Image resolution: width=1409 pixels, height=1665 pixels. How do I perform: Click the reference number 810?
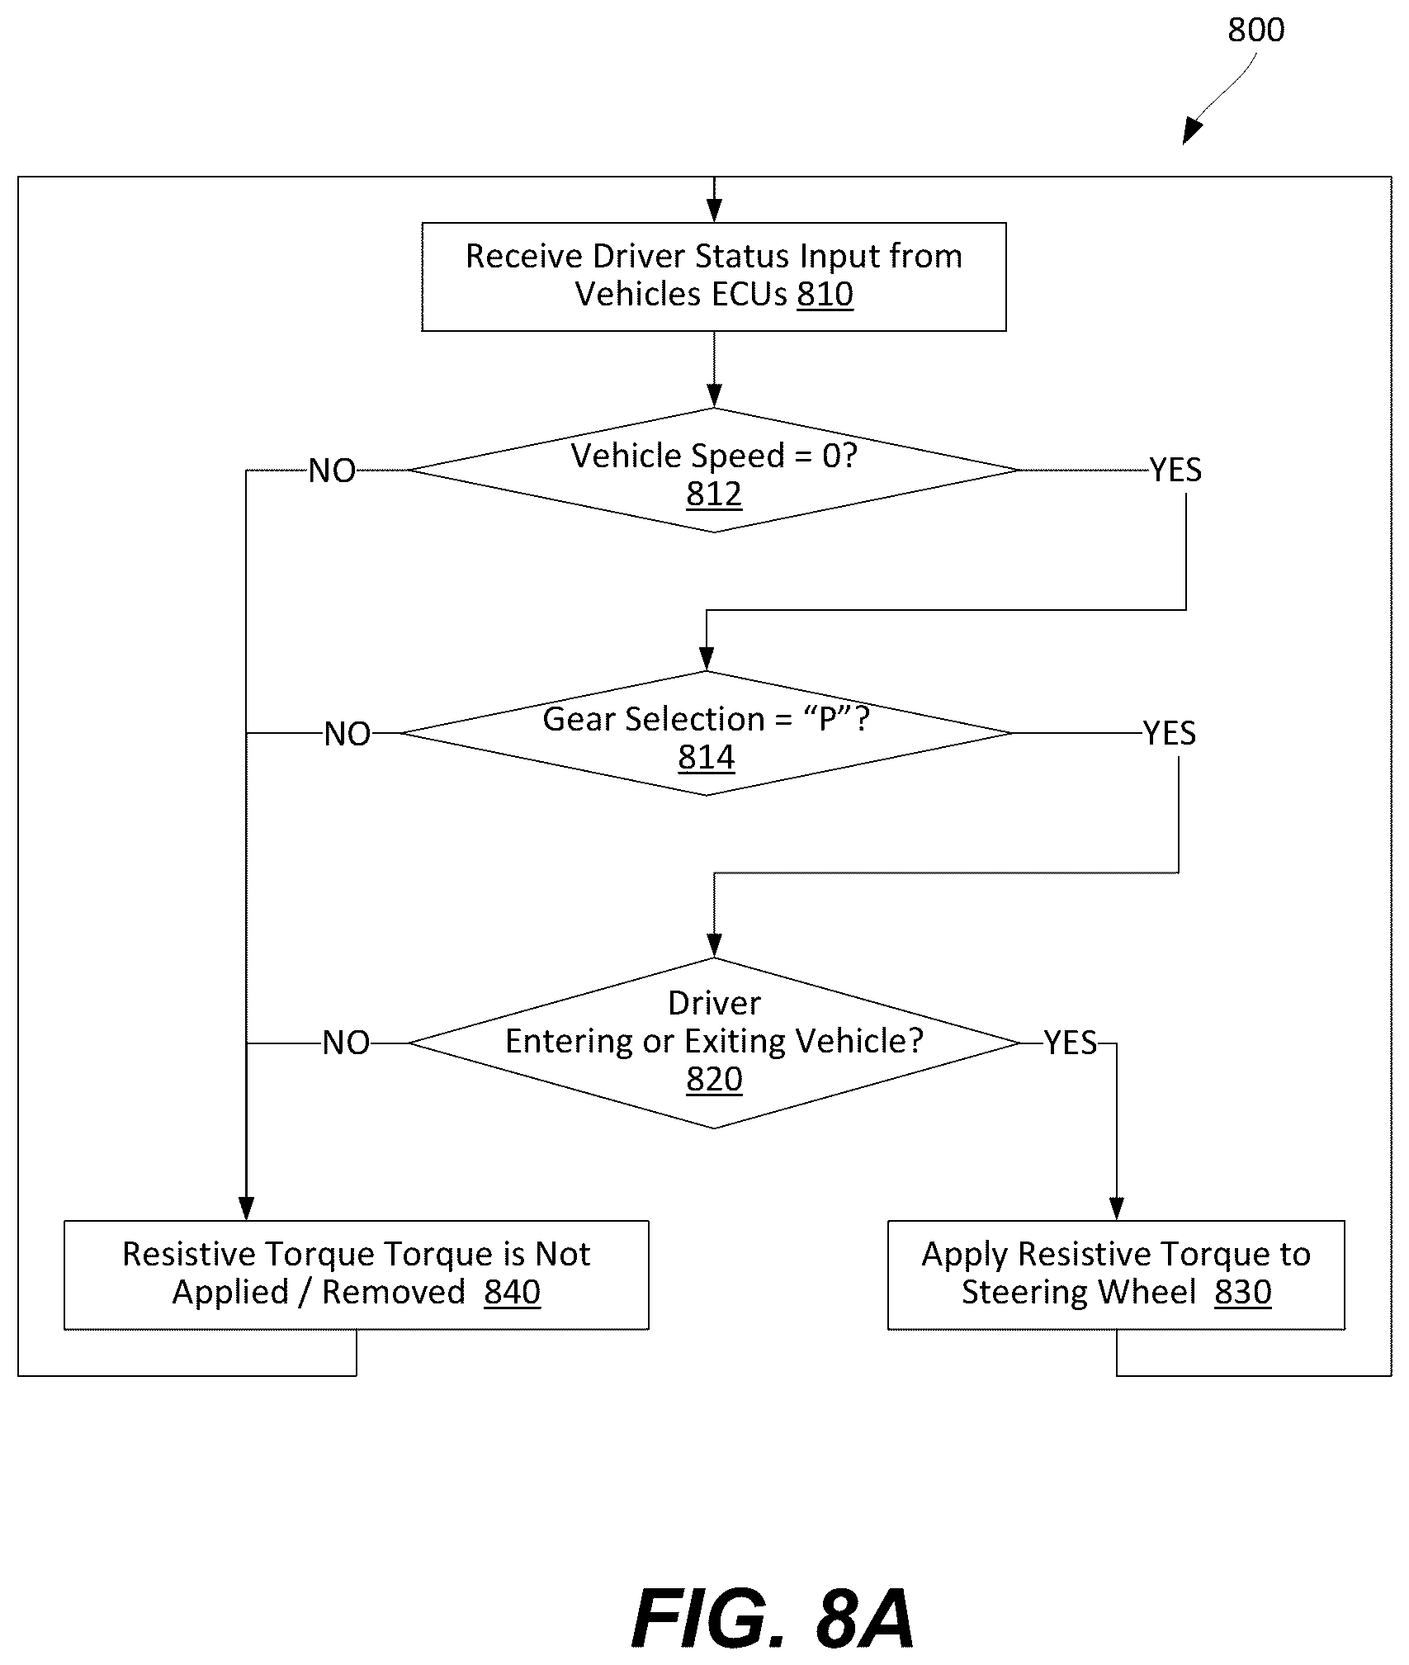pyautogui.click(x=825, y=295)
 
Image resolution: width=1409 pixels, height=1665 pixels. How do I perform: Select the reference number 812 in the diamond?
pyautogui.click(x=714, y=494)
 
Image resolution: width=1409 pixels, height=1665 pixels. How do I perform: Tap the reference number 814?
pyautogui.click(x=707, y=758)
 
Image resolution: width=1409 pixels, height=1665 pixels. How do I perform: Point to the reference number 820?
pyautogui.click(x=714, y=1080)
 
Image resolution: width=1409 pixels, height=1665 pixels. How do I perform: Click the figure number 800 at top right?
pyautogui.click(x=1255, y=31)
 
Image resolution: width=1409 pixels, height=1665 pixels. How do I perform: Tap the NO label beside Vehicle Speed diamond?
pyautogui.click(x=332, y=471)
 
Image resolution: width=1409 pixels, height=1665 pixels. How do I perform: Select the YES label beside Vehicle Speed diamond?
pyautogui.click(x=1175, y=471)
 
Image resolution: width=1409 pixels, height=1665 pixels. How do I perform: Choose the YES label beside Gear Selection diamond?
pyautogui.click(x=1169, y=734)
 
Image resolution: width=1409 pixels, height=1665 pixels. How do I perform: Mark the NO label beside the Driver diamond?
pyautogui.click(x=346, y=1044)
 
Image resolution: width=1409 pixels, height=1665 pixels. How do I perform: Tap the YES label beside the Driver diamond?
pyautogui.click(x=1071, y=1043)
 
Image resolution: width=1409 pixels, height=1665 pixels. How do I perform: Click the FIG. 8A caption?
pyautogui.click(x=773, y=1619)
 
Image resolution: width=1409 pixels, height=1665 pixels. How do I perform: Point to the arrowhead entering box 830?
pyautogui.click(x=1116, y=1209)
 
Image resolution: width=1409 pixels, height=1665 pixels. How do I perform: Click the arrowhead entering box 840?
pyautogui.click(x=246, y=1209)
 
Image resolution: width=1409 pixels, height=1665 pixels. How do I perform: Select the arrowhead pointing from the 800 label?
pyautogui.click(x=1192, y=132)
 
